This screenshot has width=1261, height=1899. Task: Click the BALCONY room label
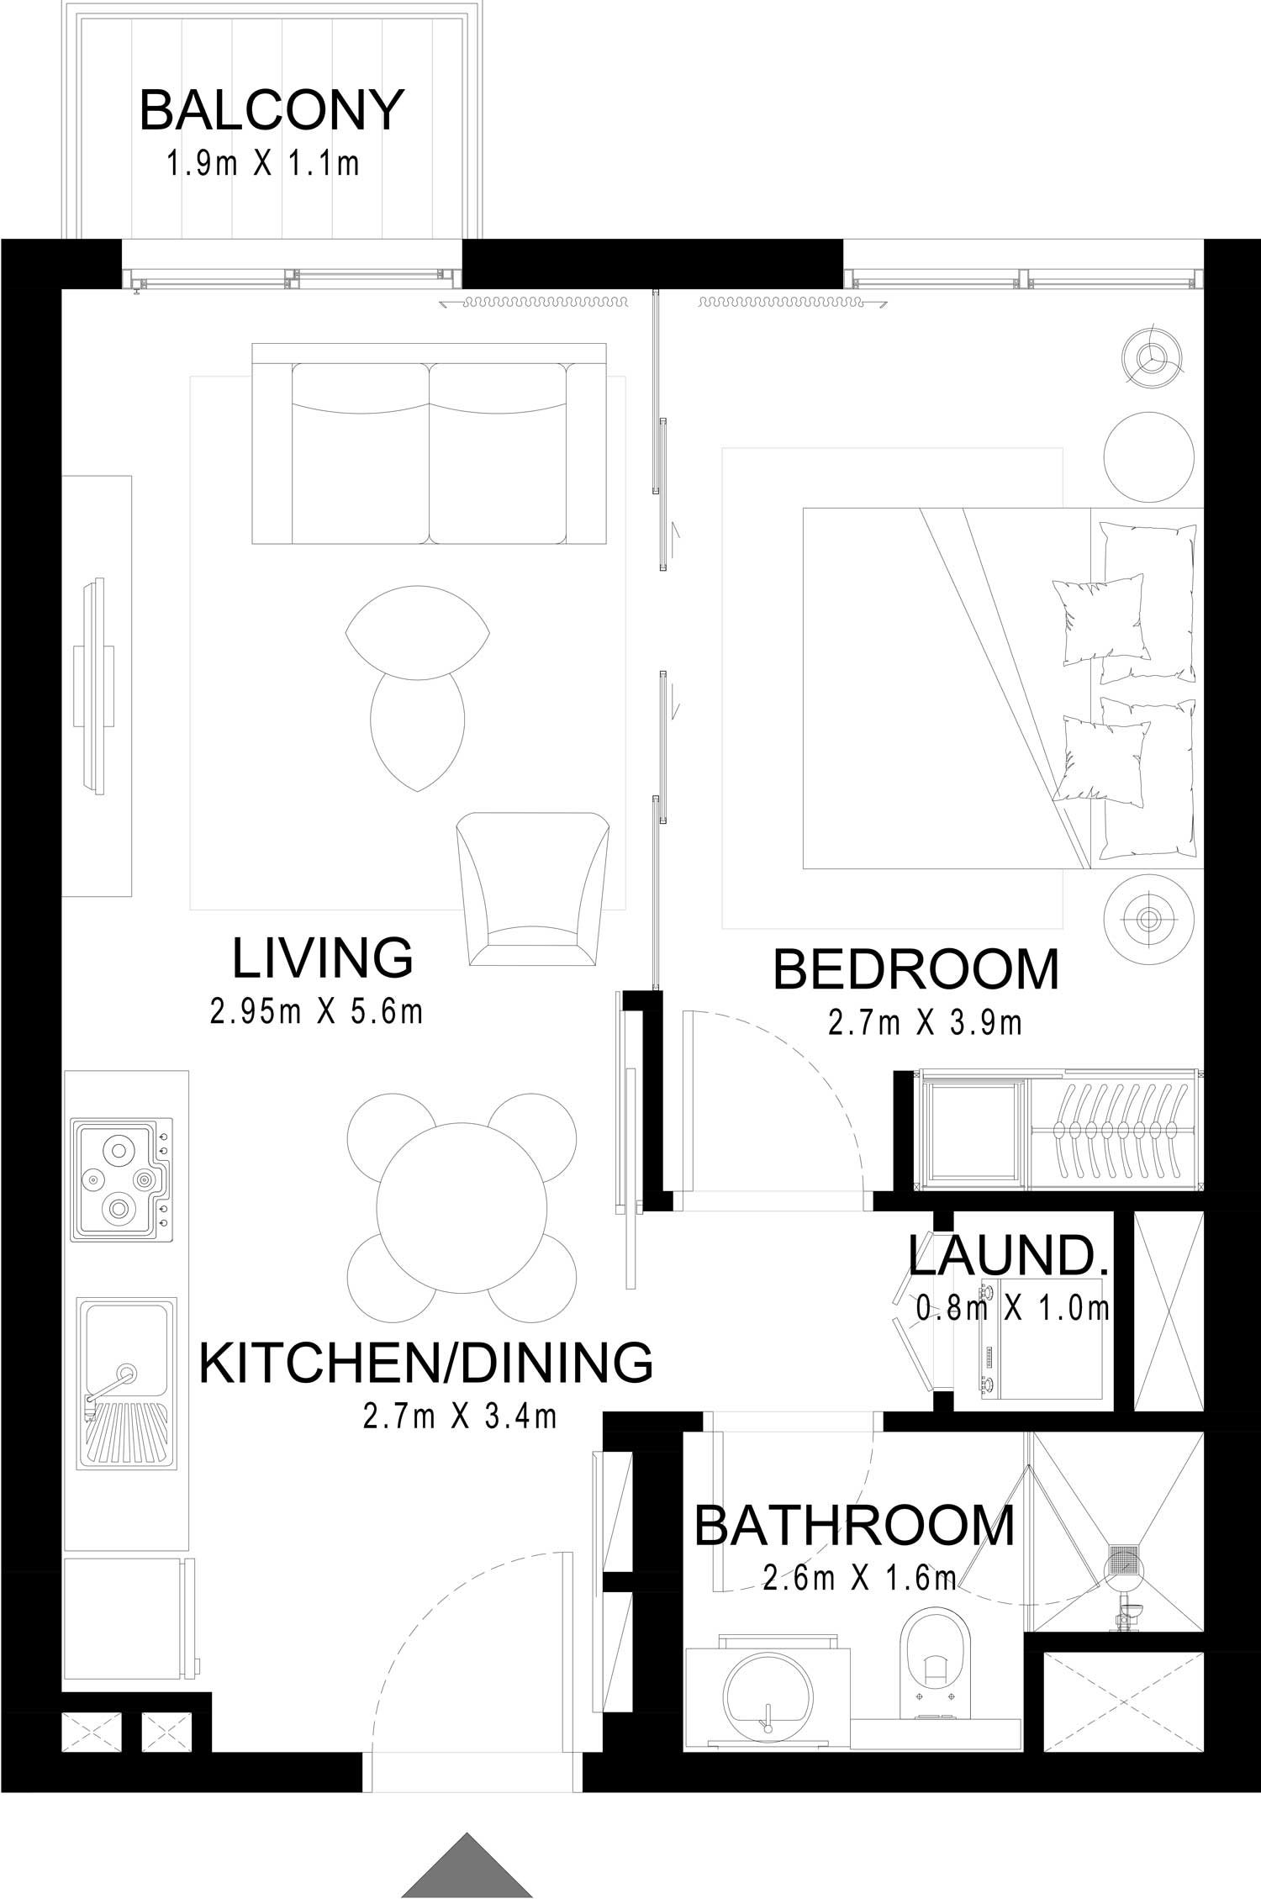[x=272, y=110]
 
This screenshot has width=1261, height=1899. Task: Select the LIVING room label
[x=322, y=957]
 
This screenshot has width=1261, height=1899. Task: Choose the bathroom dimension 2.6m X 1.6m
[x=860, y=1578]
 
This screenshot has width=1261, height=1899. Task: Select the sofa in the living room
[x=430, y=443]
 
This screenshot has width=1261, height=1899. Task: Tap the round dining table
[x=461, y=1206]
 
